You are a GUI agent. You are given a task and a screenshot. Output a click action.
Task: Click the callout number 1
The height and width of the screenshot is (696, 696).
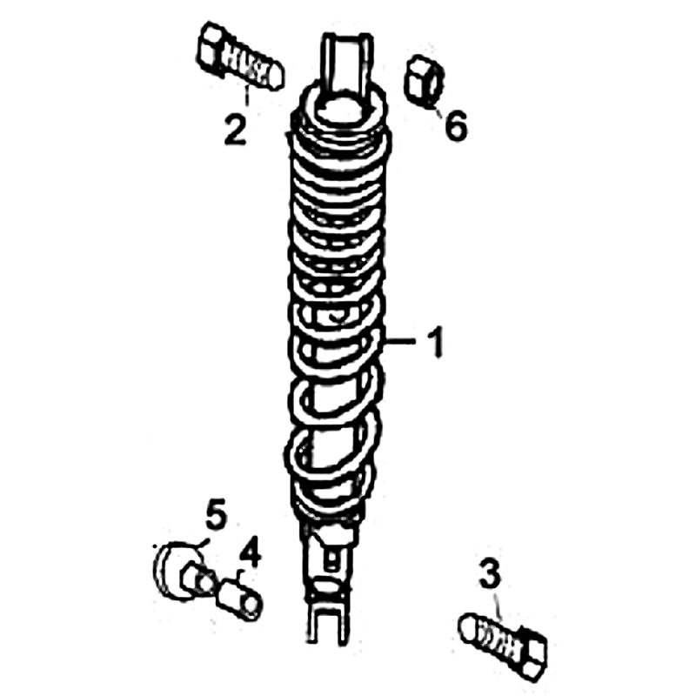coord(437,342)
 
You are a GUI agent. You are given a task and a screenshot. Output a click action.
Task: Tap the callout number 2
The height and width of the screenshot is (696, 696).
coord(235,130)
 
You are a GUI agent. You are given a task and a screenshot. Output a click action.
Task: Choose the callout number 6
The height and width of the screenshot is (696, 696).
coord(456,125)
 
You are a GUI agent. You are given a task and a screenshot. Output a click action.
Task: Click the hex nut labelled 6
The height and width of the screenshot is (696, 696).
coord(425,81)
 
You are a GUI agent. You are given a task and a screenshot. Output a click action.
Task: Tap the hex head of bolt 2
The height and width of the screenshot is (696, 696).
coord(211,49)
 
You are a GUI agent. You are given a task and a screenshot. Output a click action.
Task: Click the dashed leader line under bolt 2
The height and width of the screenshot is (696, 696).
coord(247,97)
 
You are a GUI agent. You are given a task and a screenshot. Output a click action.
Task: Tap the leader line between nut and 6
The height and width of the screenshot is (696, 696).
coord(438,111)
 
